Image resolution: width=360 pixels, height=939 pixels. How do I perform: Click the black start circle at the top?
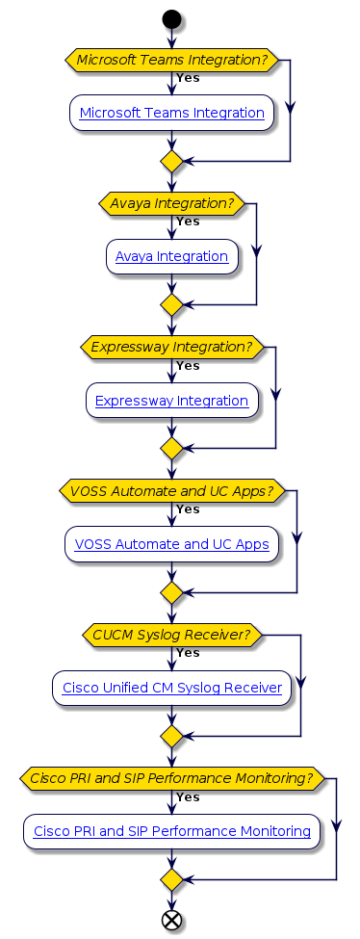tap(171, 18)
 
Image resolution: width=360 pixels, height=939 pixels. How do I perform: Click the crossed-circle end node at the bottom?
tap(171, 920)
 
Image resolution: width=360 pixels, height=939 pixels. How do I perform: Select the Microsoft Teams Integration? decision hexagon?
tap(171, 60)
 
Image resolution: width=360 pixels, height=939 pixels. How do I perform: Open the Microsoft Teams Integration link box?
tap(171, 113)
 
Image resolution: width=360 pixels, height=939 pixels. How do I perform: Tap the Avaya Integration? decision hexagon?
tap(171, 203)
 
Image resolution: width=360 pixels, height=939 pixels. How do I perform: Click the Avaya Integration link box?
tap(171, 257)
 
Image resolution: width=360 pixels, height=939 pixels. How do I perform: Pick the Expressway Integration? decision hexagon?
tap(171, 347)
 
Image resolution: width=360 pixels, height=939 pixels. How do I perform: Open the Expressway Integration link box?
tap(171, 401)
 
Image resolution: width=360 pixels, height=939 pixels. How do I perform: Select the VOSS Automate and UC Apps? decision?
tap(171, 490)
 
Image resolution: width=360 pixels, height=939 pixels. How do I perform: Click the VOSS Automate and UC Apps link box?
tap(171, 544)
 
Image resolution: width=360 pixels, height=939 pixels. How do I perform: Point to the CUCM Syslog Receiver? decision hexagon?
tap(171, 635)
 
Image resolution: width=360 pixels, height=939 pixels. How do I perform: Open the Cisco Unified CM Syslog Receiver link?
tap(171, 688)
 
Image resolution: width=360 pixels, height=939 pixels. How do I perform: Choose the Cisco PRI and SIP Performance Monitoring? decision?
tap(171, 778)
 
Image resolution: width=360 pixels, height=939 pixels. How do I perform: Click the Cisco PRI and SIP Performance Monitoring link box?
tap(171, 831)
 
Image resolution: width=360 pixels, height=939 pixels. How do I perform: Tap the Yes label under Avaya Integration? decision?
tap(188, 222)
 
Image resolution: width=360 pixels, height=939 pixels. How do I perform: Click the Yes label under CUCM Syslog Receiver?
tap(188, 653)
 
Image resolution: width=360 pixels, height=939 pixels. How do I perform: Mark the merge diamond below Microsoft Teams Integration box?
tap(171, 161)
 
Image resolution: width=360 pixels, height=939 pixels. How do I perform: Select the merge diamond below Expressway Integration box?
tap(171, 449)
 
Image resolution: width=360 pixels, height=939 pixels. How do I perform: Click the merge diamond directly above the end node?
tap(171, 879)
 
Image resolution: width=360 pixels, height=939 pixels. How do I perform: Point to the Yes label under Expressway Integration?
tap(188, 365)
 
